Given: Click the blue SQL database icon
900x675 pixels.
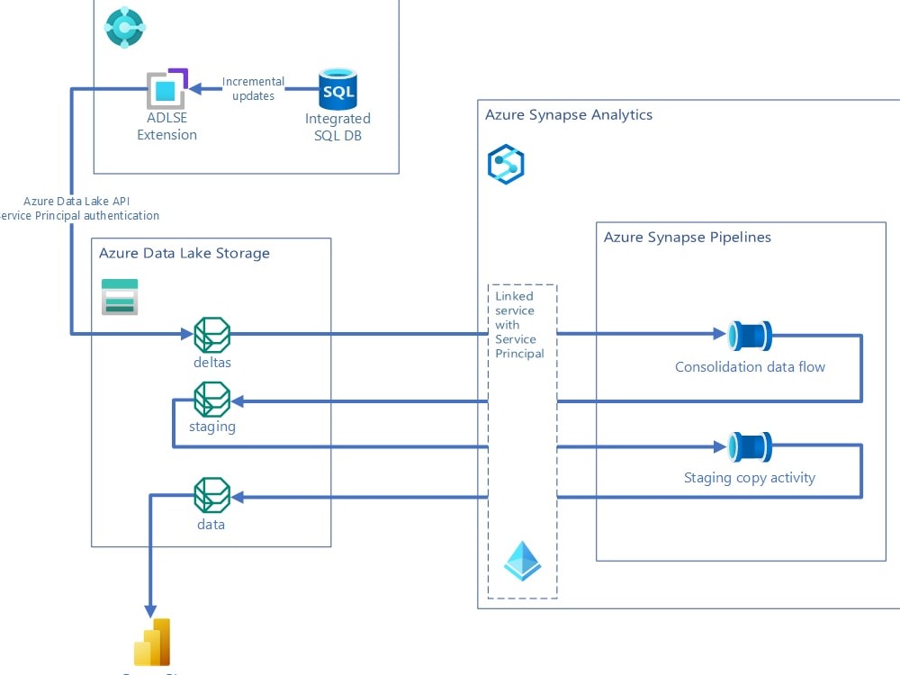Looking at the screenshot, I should click(x=337, y=89).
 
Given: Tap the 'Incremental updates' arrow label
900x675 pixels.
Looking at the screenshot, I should click(x=253, y=88).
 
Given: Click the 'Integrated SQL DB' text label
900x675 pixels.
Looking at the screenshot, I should click(x=337, y=127).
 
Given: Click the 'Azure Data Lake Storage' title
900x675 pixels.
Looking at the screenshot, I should click(x=184, y=253).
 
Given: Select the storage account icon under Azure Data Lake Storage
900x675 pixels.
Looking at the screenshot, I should click(x=120, y=297).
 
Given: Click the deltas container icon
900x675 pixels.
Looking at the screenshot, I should click(x=212, y=335).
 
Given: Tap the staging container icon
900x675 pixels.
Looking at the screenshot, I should click(x=212, y=399).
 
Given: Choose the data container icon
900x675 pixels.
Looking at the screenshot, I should click(x=212, y=495).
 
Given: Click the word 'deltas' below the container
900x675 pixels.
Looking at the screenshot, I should click(x=212, y=362).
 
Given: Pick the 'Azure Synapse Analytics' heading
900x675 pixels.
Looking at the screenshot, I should click(x=569, y=115).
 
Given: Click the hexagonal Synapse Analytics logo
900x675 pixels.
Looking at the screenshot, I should click(x=505, y=165).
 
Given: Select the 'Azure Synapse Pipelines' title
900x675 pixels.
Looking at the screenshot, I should click(x=687, y=238).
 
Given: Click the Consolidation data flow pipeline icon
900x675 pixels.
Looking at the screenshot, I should click(x=750, y=335).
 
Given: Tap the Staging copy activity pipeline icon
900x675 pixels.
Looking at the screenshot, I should click(x=750, y=446).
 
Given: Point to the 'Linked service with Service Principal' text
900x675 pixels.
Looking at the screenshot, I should click(x=520, y=325).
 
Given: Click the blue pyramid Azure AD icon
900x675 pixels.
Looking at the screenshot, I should click(x=522, y=561).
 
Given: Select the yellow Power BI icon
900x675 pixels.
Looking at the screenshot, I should click(x=152, y=643).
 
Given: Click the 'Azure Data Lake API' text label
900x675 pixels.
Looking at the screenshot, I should click(x=76, y=202).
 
